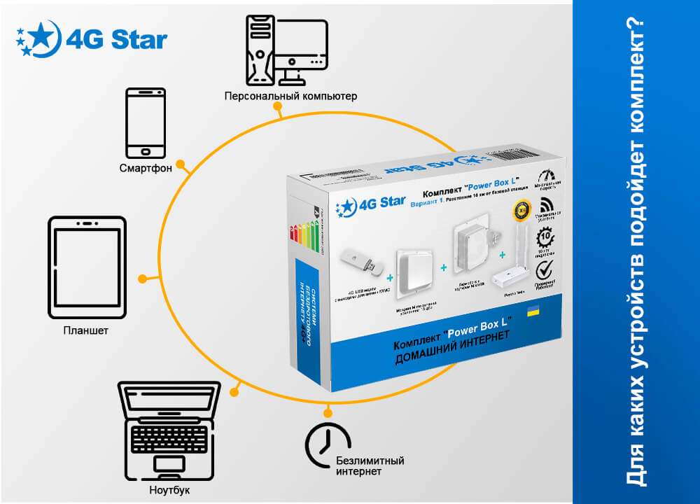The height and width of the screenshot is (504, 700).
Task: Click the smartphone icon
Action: (x=146, y=122)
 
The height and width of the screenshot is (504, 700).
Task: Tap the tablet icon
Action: (x=87, y=268)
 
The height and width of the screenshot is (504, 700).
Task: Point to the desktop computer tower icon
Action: (x=261, y=50)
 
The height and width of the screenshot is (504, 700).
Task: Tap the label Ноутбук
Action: (x=169, y=489)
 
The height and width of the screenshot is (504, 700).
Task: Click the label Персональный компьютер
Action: (x=290, y=95)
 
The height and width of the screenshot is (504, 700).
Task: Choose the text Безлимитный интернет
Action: (x=370, y=466)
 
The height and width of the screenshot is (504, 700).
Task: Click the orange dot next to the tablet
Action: (x=142, y=279)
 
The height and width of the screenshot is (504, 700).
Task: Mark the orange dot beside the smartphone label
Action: (x=181, y=165)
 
